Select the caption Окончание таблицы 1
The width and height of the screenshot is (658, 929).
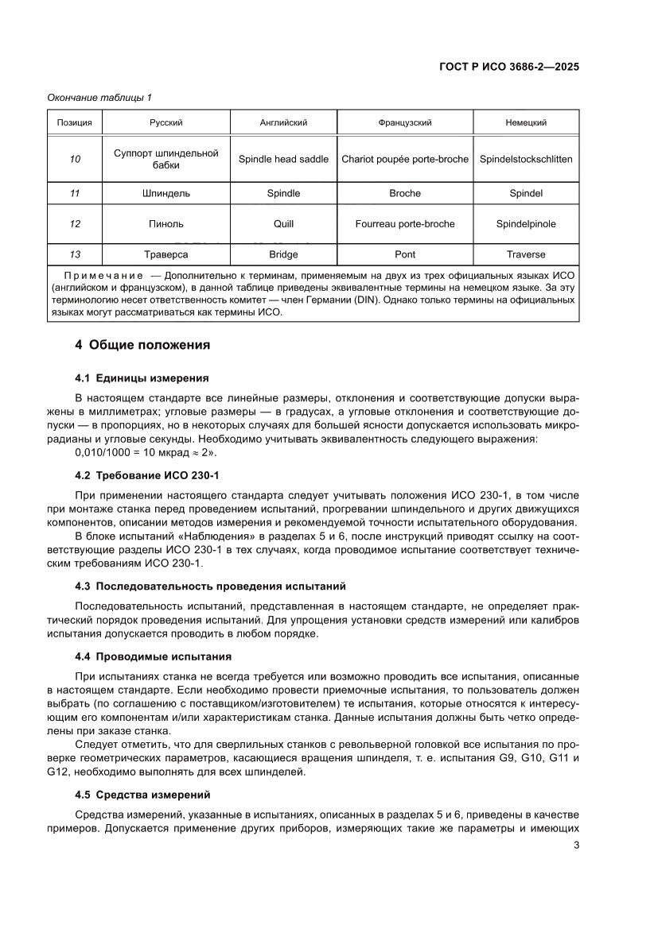point(99,98)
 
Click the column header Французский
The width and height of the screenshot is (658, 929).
point(405,123)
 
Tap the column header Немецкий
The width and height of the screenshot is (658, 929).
point(526,123)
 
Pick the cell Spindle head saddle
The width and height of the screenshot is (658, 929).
point(283,159)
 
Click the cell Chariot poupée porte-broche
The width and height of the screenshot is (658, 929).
point(405,159)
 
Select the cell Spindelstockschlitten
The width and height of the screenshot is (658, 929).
point(526,159)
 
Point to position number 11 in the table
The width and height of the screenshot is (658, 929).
point(75,193)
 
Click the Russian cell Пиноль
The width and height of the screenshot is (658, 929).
point(166,224)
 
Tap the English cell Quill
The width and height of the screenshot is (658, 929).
point(283,224)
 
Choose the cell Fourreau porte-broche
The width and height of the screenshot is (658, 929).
point(405,224)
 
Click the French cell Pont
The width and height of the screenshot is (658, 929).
point(405,254)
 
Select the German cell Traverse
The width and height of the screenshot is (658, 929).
point(526,254)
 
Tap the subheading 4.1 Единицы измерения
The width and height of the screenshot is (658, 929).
point(142,377)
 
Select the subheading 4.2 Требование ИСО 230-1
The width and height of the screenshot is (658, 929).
point(146,474)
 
